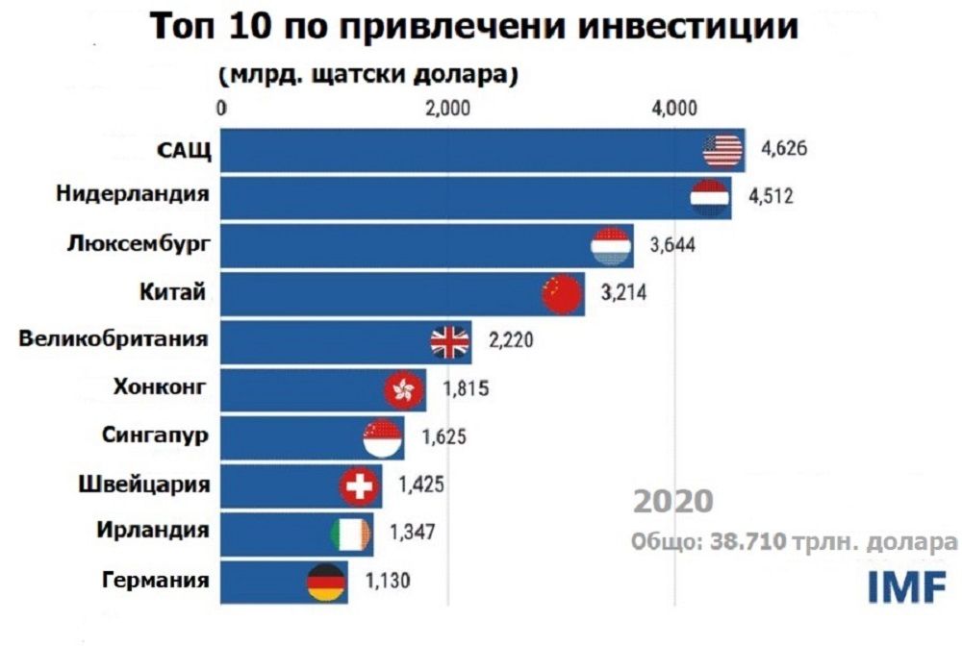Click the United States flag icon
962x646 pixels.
[722, 150]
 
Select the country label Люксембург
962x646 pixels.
[139, 244]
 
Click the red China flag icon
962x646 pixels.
[563, 294]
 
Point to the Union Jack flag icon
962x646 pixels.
[449, 341]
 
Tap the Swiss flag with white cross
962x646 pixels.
[360, 487]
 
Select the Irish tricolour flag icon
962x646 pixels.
[347, 534]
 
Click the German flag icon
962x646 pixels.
[325, 582]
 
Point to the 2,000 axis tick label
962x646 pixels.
[447, 108]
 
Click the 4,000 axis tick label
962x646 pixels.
[673, 108]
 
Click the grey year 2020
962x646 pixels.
[673, 502]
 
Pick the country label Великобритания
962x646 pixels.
[114, 339]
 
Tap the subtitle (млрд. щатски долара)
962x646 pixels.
[369, 74]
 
